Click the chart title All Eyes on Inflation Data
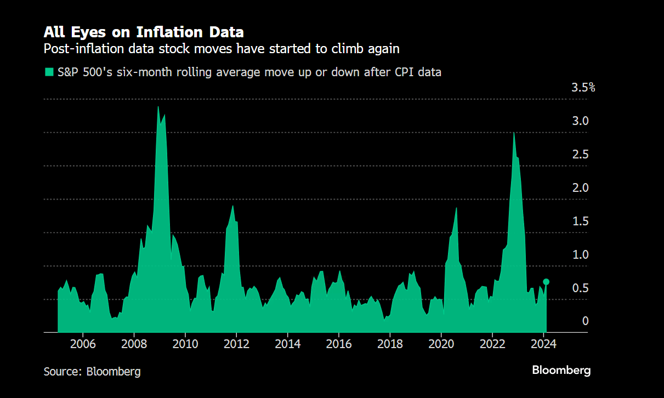coord(144,31)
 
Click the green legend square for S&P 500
coord(49,72)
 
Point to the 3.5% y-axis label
coord(583,87)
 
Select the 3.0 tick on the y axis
coord(581,121)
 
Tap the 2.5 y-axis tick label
coord(581,154)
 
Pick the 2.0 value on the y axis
coord(581,187)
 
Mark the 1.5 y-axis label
coord(581,221)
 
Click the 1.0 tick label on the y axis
coord(581,254)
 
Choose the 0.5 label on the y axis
coord(581,288)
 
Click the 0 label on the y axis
coord(585,321)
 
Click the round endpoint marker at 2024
coord(546,282)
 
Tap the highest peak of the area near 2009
coord(158,107)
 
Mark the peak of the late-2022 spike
coord(514,133)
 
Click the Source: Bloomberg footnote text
coord(92,372)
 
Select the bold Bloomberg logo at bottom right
coord(561,371)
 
